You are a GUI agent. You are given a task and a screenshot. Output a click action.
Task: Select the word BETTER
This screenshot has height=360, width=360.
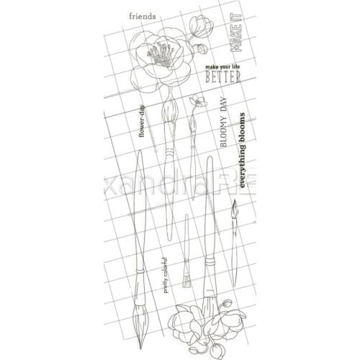point(222,76)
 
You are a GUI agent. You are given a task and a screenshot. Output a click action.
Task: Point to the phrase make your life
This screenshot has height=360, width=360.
point(222,66)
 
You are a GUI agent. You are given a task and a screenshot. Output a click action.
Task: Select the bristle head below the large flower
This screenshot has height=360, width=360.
point(169,112)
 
